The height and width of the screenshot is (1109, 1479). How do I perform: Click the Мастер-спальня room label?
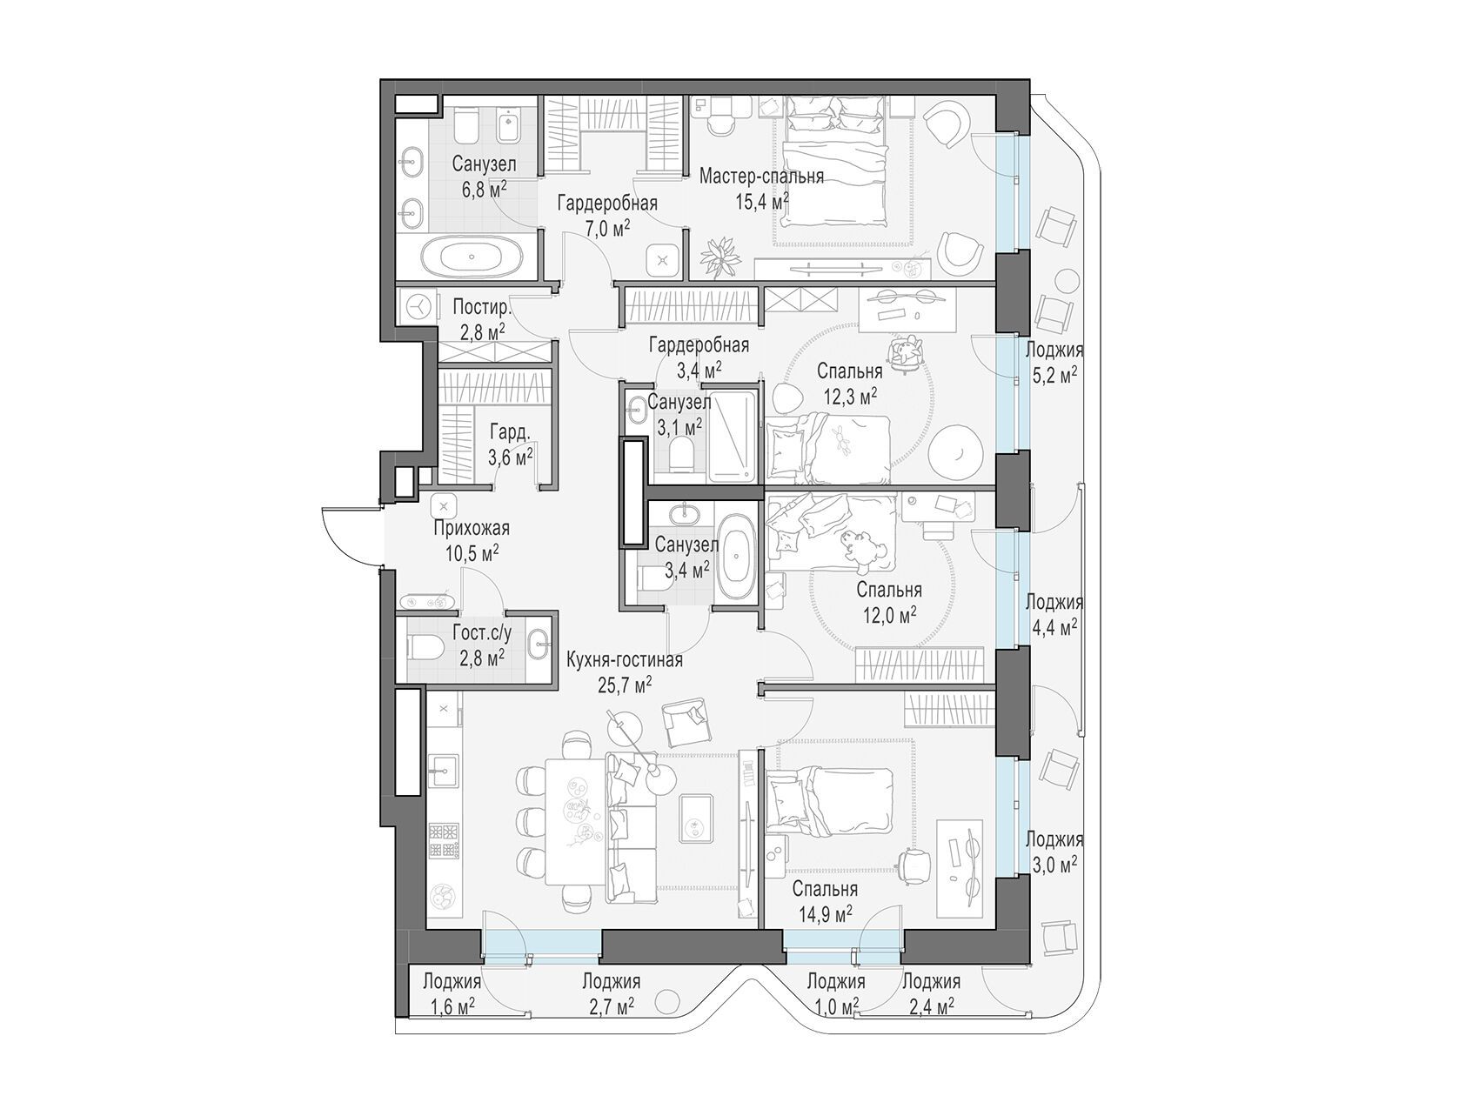(x=761, y=177)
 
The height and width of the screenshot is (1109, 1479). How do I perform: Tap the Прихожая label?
(x=471, y=528)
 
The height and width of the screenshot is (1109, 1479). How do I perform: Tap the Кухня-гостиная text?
(x=624, y=660)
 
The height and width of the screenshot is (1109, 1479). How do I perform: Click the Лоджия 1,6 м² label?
(x=452, y=993)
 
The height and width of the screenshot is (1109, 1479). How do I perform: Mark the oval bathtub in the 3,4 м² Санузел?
(x=739, y=557)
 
